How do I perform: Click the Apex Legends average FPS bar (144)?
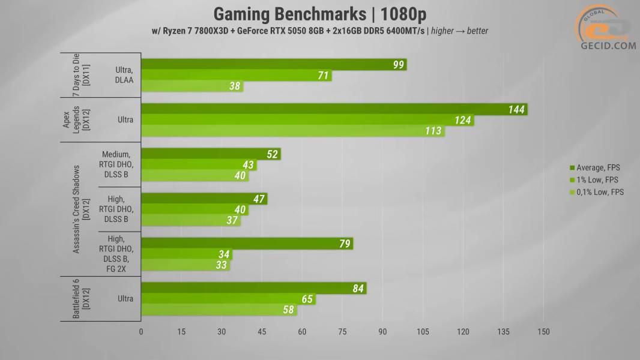coord(334,109)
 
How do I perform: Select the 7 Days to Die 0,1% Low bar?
coord(192,86)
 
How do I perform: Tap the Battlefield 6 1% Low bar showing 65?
coord(228,299)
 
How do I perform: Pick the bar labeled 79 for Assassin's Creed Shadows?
coord(247,244)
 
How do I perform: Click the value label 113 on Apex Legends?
coord(433,131)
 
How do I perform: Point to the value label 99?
coord(399,65)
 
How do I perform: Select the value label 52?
coord(272,154)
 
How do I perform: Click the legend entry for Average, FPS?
coord(594,168)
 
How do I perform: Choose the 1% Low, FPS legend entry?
coord(594,180)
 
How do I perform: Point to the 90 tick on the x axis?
coord(382,332)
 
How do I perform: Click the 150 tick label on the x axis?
coord(543,332)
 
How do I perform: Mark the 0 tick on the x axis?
coord(141,332)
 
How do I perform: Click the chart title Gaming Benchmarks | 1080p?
coord(320,13)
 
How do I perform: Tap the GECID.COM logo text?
coord(607,46)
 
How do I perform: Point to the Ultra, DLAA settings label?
coord(125,75)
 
